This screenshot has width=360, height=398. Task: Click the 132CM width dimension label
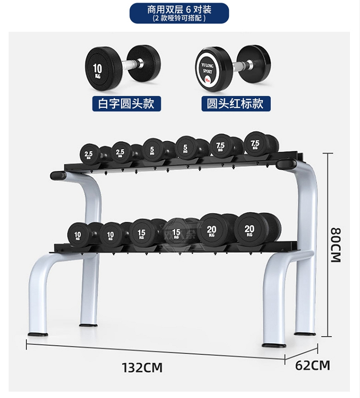tap(142, 368)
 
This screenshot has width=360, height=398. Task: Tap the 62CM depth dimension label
tap(312, 365)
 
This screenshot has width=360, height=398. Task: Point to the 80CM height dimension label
tap(335, 244)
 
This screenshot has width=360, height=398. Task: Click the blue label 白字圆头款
tap(126, 103)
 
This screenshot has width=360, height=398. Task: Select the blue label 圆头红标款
tap(236, 103)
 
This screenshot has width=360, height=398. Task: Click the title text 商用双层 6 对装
tap(180, 9)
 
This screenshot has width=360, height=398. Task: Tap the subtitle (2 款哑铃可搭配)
tap(180, 18)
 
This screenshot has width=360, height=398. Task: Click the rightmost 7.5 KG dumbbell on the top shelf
tap(255, 143)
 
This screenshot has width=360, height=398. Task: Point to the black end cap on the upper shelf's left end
tap(58, 176)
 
